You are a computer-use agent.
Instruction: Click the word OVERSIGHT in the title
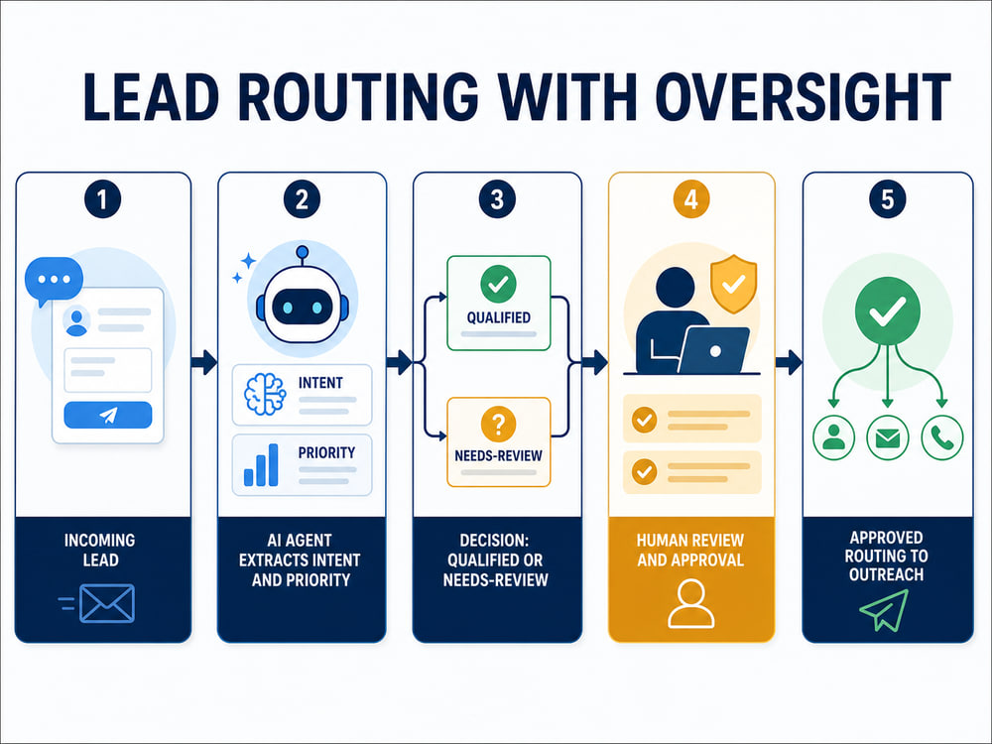click(x=803, y=96)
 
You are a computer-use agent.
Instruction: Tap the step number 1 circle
click(x=102, y=200)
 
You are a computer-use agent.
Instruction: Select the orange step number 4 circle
click(x=690, y=200)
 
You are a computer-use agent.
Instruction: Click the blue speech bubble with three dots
click(x=54, y=281)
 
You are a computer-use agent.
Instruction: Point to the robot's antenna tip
click(x=303, y=251)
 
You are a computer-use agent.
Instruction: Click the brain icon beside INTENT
click(x=265, y=395)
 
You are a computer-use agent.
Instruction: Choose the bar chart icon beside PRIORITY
click(x=261, y=465)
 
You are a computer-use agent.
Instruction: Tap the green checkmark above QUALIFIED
click(x=499, y=284)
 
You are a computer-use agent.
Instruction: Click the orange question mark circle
click(x=499, y=424)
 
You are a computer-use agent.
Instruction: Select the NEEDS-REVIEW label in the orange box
click(x=499, y=455)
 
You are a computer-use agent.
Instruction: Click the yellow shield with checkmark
click(x=733, y=284)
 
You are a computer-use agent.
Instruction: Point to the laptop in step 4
click(x=714, y=350)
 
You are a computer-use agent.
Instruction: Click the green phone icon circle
click(x=942, y=437)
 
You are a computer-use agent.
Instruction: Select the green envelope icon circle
click(x=888, y=437)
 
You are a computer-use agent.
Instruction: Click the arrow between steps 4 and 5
click(x=789, y=362)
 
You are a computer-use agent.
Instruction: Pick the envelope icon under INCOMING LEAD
click(x=107, y=603)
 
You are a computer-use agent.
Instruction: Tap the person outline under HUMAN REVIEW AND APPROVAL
click(x=690, y=603)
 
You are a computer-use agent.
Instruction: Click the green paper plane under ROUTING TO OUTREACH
click(x=884, y=610)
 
